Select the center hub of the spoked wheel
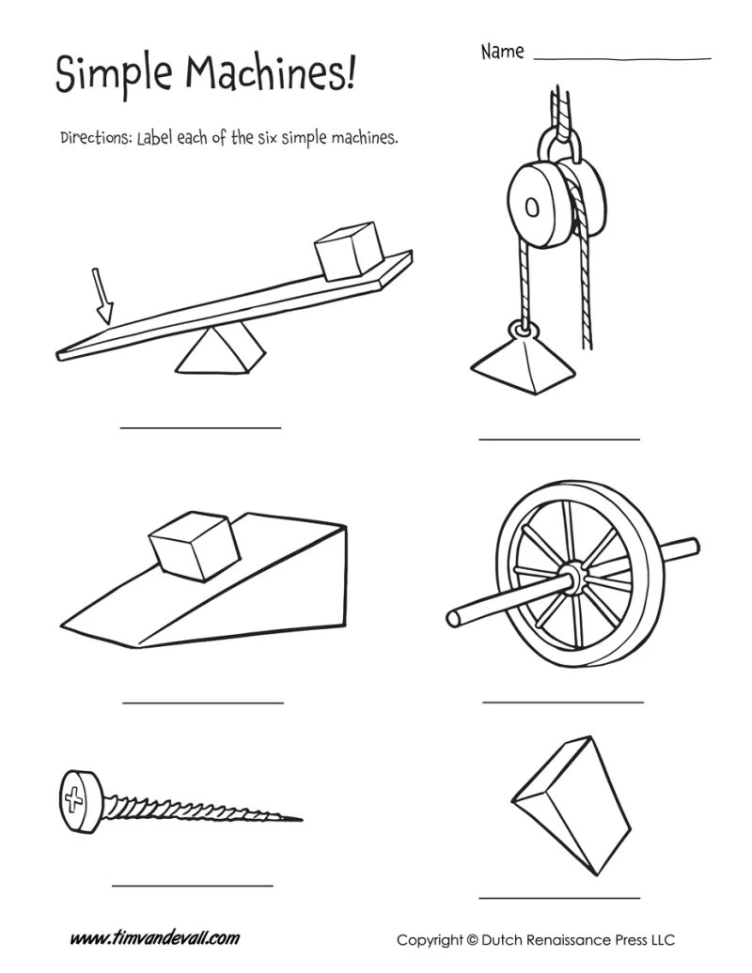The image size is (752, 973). [572, 576]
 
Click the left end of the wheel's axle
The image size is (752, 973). [453, 618]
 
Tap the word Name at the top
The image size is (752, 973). [502, 52]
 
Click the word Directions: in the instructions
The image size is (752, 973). [96, 138]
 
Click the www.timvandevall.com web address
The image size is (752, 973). [155, 937]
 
